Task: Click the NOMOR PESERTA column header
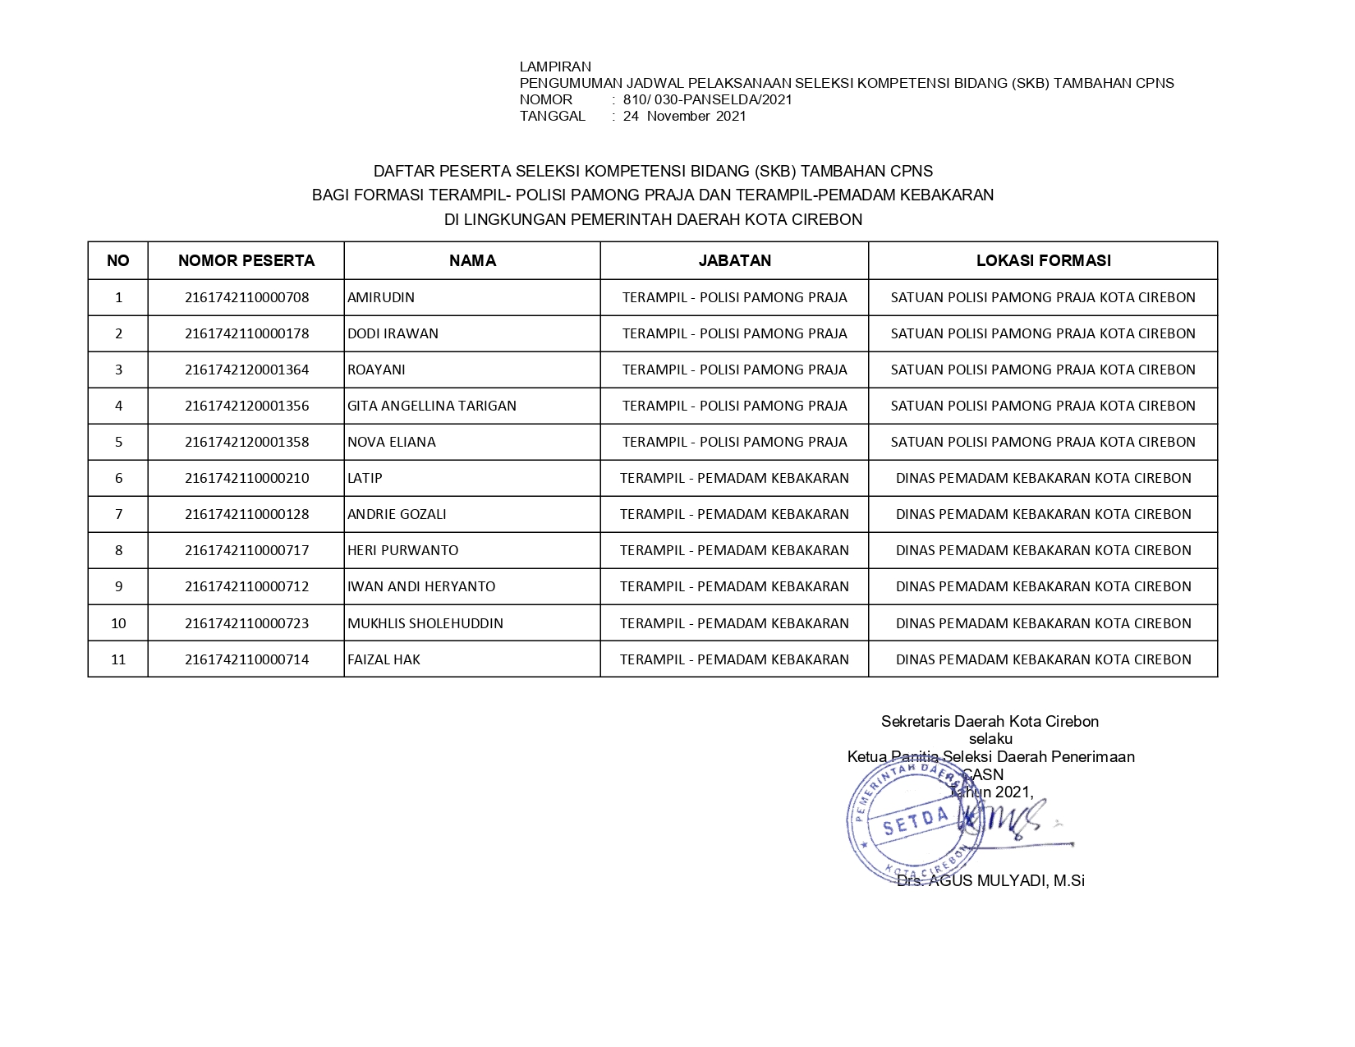[x=246, y=261]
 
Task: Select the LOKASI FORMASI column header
[x=1043, y=261]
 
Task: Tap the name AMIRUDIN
[x=381, y=297]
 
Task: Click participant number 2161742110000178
[x=246, y=333]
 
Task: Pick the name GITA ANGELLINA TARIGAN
[x=432, y=406]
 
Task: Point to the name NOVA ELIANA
[x=392, y=442]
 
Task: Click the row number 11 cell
[x=118, y=659]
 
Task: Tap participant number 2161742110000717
[x=246, y=550]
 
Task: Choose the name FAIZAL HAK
[x=384, y=659]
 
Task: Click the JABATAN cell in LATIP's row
[x=734, y=478]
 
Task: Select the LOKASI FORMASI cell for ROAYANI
[x=1043, y=370]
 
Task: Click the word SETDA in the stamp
[x=916, y=822]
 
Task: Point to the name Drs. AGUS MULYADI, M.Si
[x=990, y=880]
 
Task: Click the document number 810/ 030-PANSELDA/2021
[x=707, y=99]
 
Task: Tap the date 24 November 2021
[x=684, y=116]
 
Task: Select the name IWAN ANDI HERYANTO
[x=421, y=586]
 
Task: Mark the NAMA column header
[x=472, y=261]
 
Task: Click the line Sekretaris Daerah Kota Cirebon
[x=990, y=721]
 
